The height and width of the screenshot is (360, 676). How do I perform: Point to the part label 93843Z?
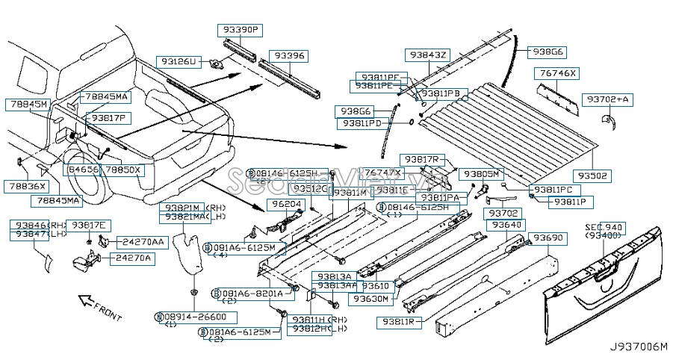428,55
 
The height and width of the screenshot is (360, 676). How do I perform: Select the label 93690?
547,238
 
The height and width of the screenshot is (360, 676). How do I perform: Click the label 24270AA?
143,242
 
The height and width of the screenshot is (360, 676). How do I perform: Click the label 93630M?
371,299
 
